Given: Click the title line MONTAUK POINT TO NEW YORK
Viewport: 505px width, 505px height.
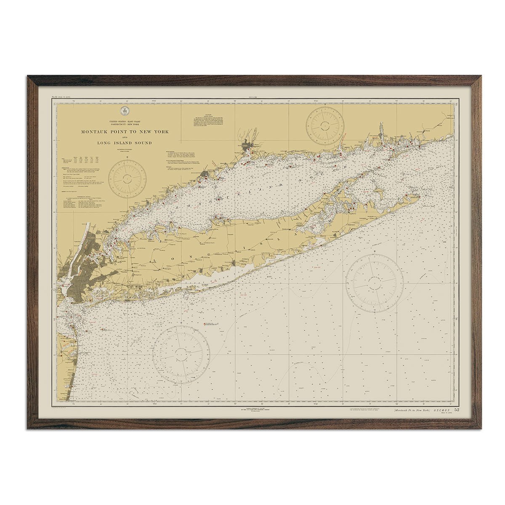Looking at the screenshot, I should click(x=125, y=132).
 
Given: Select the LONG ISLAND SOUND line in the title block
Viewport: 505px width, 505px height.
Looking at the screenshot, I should click(x=125, y=143).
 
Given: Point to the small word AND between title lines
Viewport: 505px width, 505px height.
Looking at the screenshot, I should click(x=125, y=138).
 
